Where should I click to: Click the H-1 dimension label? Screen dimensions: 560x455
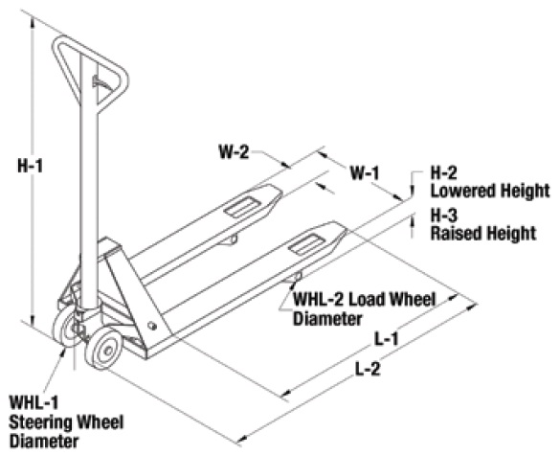[30, 167]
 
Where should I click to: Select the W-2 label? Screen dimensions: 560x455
[234, 152]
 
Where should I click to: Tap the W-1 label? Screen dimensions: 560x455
[365, 173]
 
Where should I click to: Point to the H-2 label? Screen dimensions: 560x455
[443, 173]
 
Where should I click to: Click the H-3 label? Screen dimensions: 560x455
[443, 216]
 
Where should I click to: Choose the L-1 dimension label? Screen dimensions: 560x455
[386, 339]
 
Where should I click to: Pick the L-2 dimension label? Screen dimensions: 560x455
[368, 369]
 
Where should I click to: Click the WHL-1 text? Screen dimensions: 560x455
[34, 403]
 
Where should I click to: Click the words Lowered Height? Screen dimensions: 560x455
[490, 191]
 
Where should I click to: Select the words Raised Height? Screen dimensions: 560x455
[483, 233]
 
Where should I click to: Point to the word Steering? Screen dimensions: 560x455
[40, 422]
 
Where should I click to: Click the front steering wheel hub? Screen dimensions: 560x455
[105, 350]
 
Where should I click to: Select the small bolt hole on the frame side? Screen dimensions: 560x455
[152, 326]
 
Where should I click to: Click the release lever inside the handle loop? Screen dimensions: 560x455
[101, 82]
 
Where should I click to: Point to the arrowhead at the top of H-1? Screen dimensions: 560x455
[33, 23]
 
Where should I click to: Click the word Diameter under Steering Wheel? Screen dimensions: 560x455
[44, 441]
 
